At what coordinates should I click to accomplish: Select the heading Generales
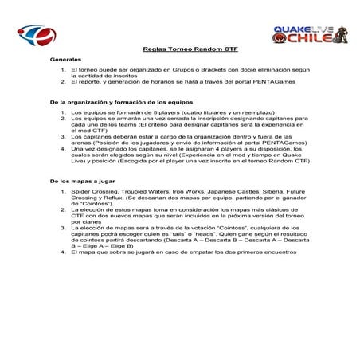pyautogui.click(x=65, y=61)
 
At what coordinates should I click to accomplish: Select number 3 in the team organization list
pyautogui.click(x=63, y=137)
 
